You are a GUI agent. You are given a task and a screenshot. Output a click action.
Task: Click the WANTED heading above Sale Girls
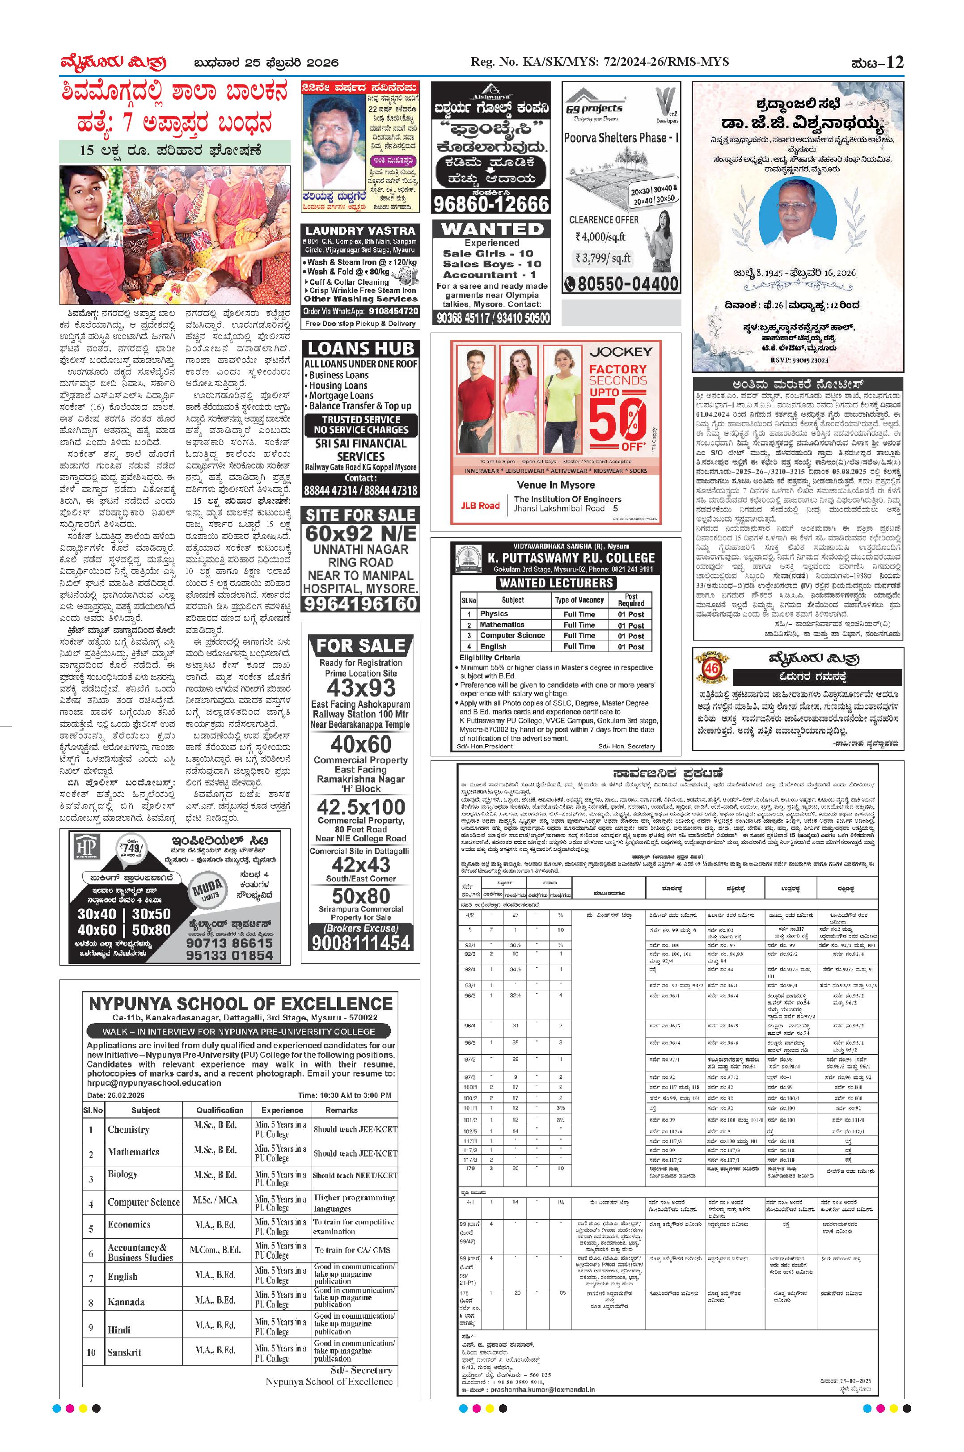click(x=492, y=229)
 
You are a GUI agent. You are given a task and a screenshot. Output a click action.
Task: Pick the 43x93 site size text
click(x=361, y=687)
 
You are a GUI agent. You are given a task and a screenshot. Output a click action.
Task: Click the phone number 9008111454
click(x=361, y=942)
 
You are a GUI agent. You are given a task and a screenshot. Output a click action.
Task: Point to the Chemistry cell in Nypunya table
click(x=128, y=1129)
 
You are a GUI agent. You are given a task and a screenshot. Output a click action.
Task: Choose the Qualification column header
click(x=220, y=1110)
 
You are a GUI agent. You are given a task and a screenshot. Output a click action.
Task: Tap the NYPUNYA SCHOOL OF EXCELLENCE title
click(x=241, y=1004)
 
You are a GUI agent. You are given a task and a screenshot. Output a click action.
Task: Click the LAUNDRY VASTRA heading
click(x=360, y=231)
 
